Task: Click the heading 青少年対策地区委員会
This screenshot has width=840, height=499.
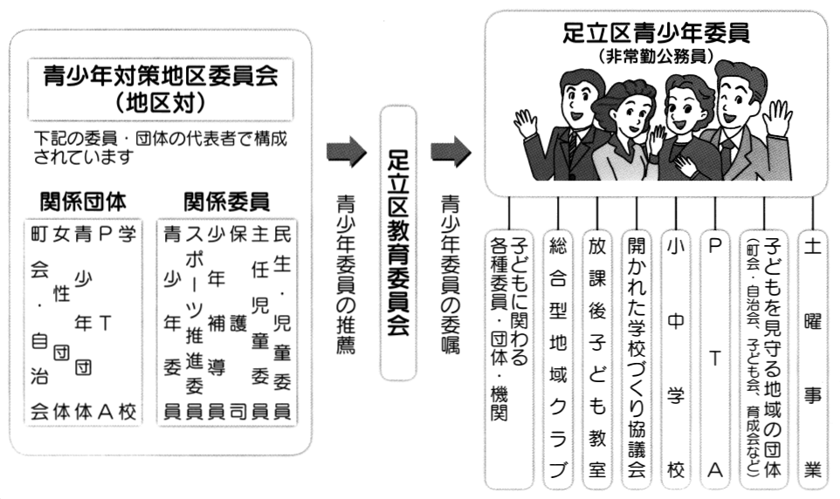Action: pos(160,77)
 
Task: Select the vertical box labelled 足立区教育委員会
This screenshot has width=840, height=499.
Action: pos(398,243)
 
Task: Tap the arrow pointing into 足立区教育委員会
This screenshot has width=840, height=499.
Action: pos(347,152)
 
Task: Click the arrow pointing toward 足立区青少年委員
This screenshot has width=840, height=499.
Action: pos(451,152)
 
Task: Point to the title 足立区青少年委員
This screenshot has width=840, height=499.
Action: pos(656,32)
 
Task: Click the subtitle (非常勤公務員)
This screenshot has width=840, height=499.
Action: pos(656,56)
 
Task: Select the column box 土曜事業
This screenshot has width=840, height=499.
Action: pos(813,359)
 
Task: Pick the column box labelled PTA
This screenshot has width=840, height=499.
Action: pos(714,359)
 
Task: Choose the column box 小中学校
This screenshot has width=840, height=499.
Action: pos(676,359)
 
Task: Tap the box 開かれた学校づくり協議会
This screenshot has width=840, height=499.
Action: pos(637,359)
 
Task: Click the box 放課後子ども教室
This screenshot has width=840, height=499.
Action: pos(597,359)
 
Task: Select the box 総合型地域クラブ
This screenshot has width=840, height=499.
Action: pos(558,359)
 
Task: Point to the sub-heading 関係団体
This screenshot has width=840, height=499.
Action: pos(83,202)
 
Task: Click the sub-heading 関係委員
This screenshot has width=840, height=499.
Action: pos(227,202)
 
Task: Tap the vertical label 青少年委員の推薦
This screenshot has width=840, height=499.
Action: pos(346,274)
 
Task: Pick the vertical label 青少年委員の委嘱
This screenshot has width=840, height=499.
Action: pos(451,274)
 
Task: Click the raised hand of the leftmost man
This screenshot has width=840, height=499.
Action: pos(525,124)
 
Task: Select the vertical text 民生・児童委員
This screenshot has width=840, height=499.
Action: pos(282,322)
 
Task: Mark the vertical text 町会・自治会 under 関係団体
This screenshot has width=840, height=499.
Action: pos(39,322)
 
